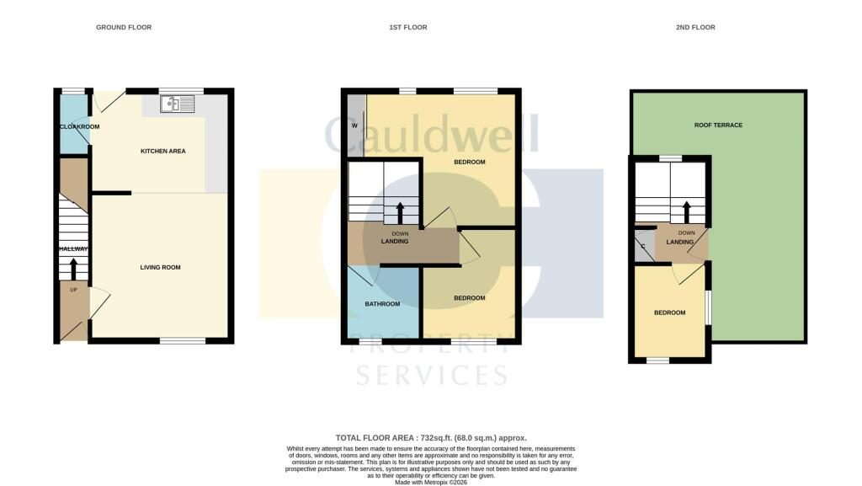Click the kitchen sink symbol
click(177, 104)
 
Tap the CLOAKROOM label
click(80, 127)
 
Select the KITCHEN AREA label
click(163, 151)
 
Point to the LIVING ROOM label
click(160, 268)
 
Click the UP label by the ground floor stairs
click(74, 290)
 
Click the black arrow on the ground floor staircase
click(73, 269)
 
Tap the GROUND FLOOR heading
click(124, 27)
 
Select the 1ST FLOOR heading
click(408, 27)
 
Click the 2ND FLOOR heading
click(695, 27)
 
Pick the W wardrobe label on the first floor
click(354, 126)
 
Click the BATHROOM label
click(383, 304)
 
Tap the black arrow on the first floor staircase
click(400, 213)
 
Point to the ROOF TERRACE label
click(718, 126)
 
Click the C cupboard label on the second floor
click(643, 246)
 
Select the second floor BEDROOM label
click(669, 312)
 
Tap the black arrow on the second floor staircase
click(686, 212)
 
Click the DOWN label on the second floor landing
click(687, 233)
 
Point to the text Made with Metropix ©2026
click(431, 482)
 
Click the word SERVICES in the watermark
click(432, 375)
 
